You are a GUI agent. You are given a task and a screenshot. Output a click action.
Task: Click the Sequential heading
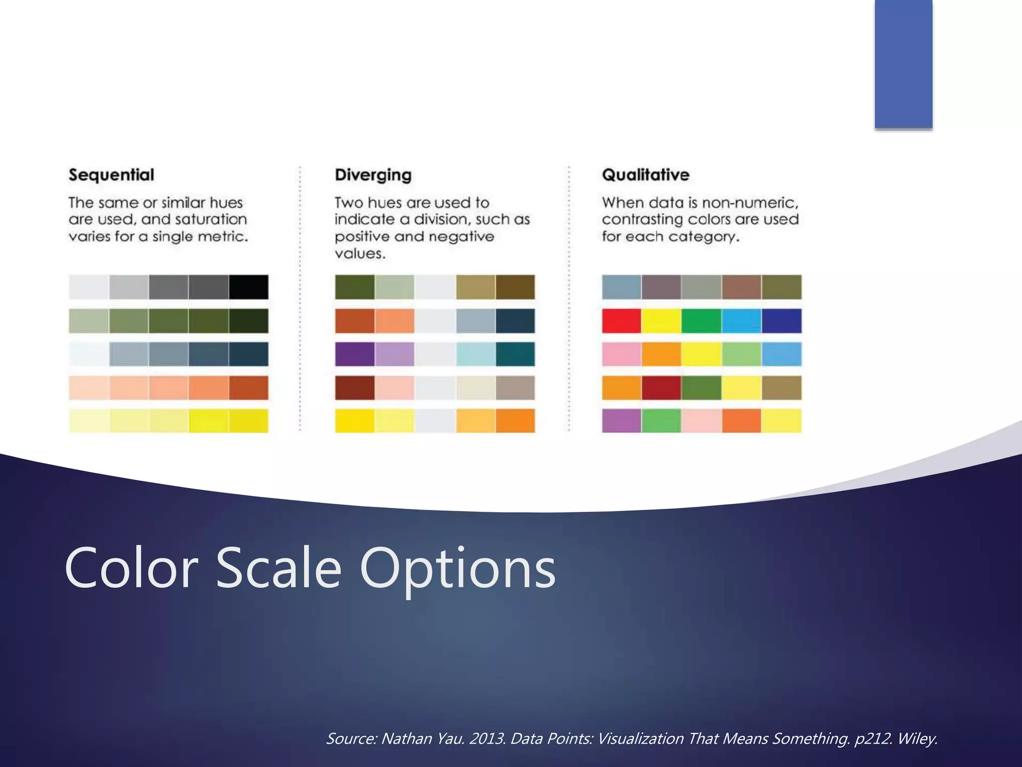tap(111, 175)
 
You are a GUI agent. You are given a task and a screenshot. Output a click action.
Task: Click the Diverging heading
tap(373, 175)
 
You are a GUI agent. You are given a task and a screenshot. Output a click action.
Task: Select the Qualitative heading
tap(645, 175)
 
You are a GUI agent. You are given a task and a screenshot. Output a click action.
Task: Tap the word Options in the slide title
tap(457, 568)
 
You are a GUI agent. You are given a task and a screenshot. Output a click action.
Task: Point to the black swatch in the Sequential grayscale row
tap(249, 287)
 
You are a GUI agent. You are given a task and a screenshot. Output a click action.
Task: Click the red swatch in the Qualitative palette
tap(621, 321)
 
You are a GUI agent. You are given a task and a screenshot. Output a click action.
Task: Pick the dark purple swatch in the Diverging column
tap(354, 354)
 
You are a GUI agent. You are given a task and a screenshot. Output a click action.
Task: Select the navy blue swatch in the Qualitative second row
tap(781, 321)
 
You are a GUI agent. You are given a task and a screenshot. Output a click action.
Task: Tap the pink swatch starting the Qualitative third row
tap(621, 354)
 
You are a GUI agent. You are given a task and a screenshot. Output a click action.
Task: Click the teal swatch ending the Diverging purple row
tap(515, 354)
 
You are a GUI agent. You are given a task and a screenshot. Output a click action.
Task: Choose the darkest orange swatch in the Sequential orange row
tap(249, 387)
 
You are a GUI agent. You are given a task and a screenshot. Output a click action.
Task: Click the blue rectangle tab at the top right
tap(903, 64)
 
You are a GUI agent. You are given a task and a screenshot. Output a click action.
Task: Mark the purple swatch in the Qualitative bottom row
tap(621, 420)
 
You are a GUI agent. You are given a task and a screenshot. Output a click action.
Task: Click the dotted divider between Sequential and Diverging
tap(300, 300)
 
